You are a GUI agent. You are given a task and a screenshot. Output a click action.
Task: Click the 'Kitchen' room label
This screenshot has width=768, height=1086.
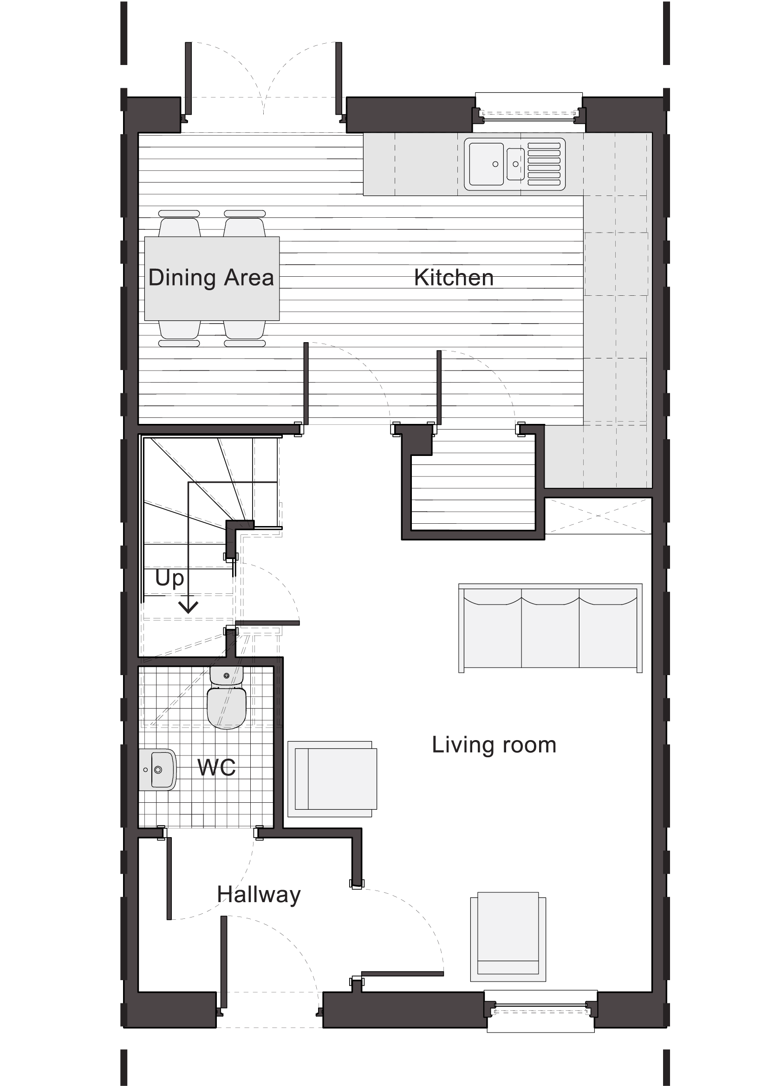pos(454,278)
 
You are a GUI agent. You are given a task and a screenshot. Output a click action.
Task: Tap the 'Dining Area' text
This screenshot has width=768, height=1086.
pos(211,278)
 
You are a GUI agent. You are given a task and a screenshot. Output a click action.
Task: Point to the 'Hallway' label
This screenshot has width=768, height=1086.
pos(259,895)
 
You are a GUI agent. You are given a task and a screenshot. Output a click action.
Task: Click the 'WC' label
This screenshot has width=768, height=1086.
pos(216,767)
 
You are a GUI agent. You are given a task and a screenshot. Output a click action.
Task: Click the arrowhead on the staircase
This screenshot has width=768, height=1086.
pos(188,607)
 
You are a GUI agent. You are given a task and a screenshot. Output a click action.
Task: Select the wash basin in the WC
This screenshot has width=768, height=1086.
pos(157,769)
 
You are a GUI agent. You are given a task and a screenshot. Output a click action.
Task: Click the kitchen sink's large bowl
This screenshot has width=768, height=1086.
pos(486,163)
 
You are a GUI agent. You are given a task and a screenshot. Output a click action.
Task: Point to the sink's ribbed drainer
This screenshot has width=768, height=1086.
pos(544,163)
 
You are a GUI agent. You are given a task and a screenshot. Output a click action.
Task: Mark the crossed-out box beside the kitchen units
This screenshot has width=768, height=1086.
pos(598,515)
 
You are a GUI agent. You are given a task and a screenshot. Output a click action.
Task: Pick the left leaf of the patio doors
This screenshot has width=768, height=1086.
pos(188,78)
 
